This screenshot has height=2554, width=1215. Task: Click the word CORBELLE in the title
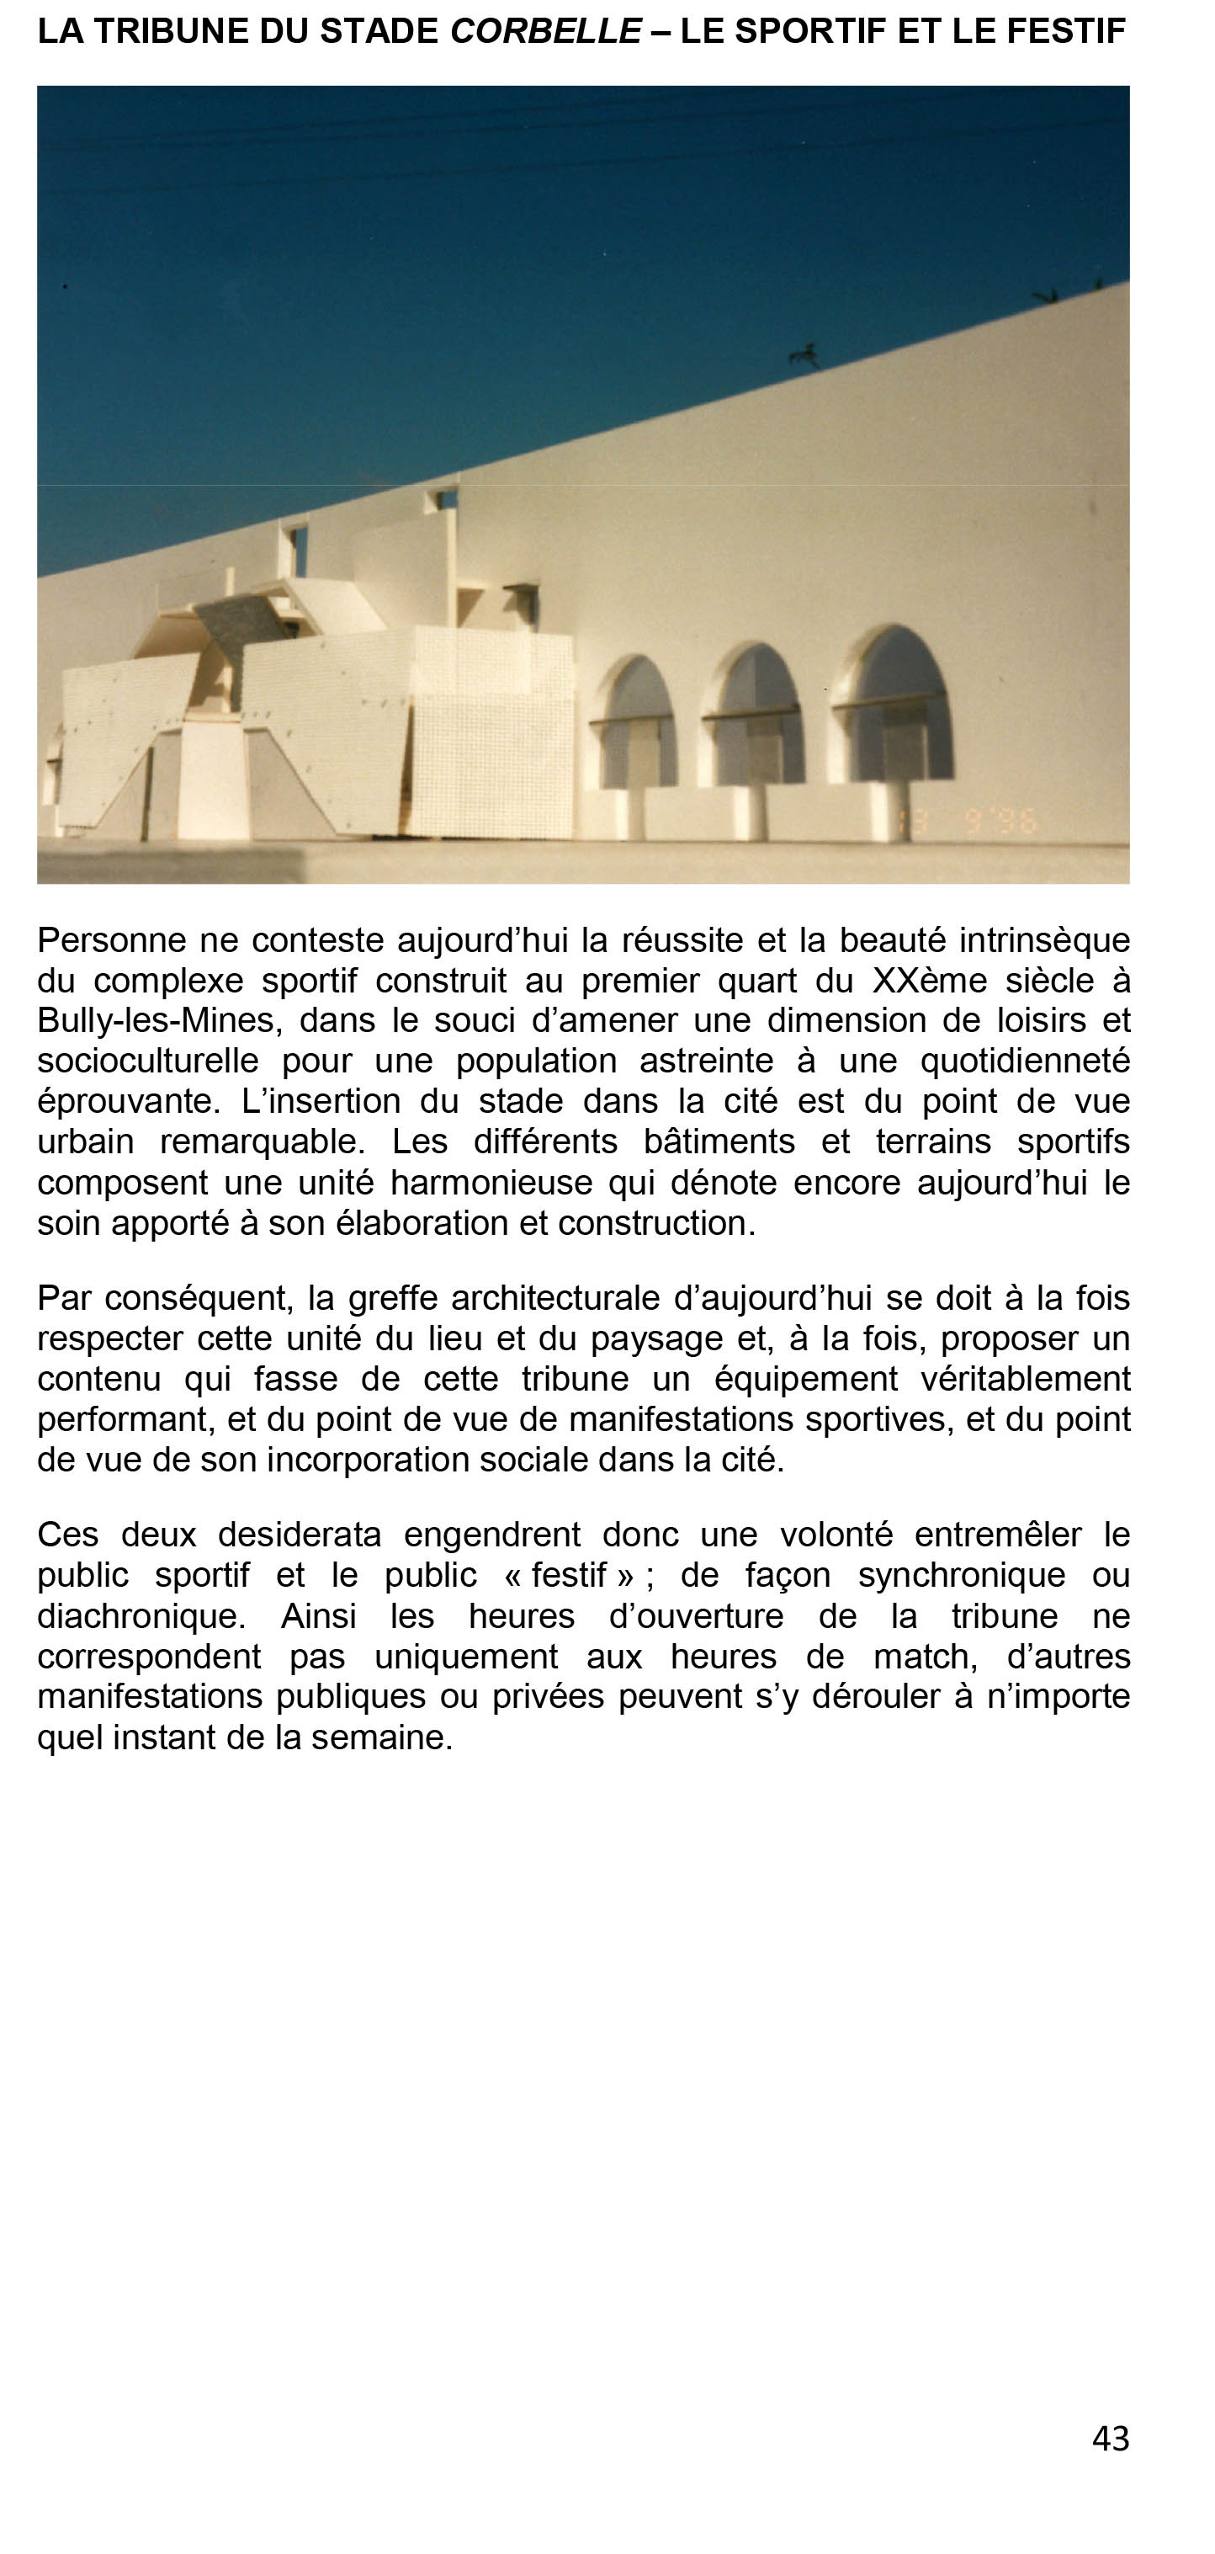click(545, 32)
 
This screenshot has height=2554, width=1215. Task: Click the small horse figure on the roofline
click(804, 354)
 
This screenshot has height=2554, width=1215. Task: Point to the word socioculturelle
click(147, 1061)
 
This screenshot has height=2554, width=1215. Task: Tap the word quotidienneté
click(1025, 1061)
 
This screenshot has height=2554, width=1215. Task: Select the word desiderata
click(299, 1535)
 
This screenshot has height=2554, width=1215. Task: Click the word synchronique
click(961, 1576)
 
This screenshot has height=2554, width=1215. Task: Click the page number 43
click(1110, 2438)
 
